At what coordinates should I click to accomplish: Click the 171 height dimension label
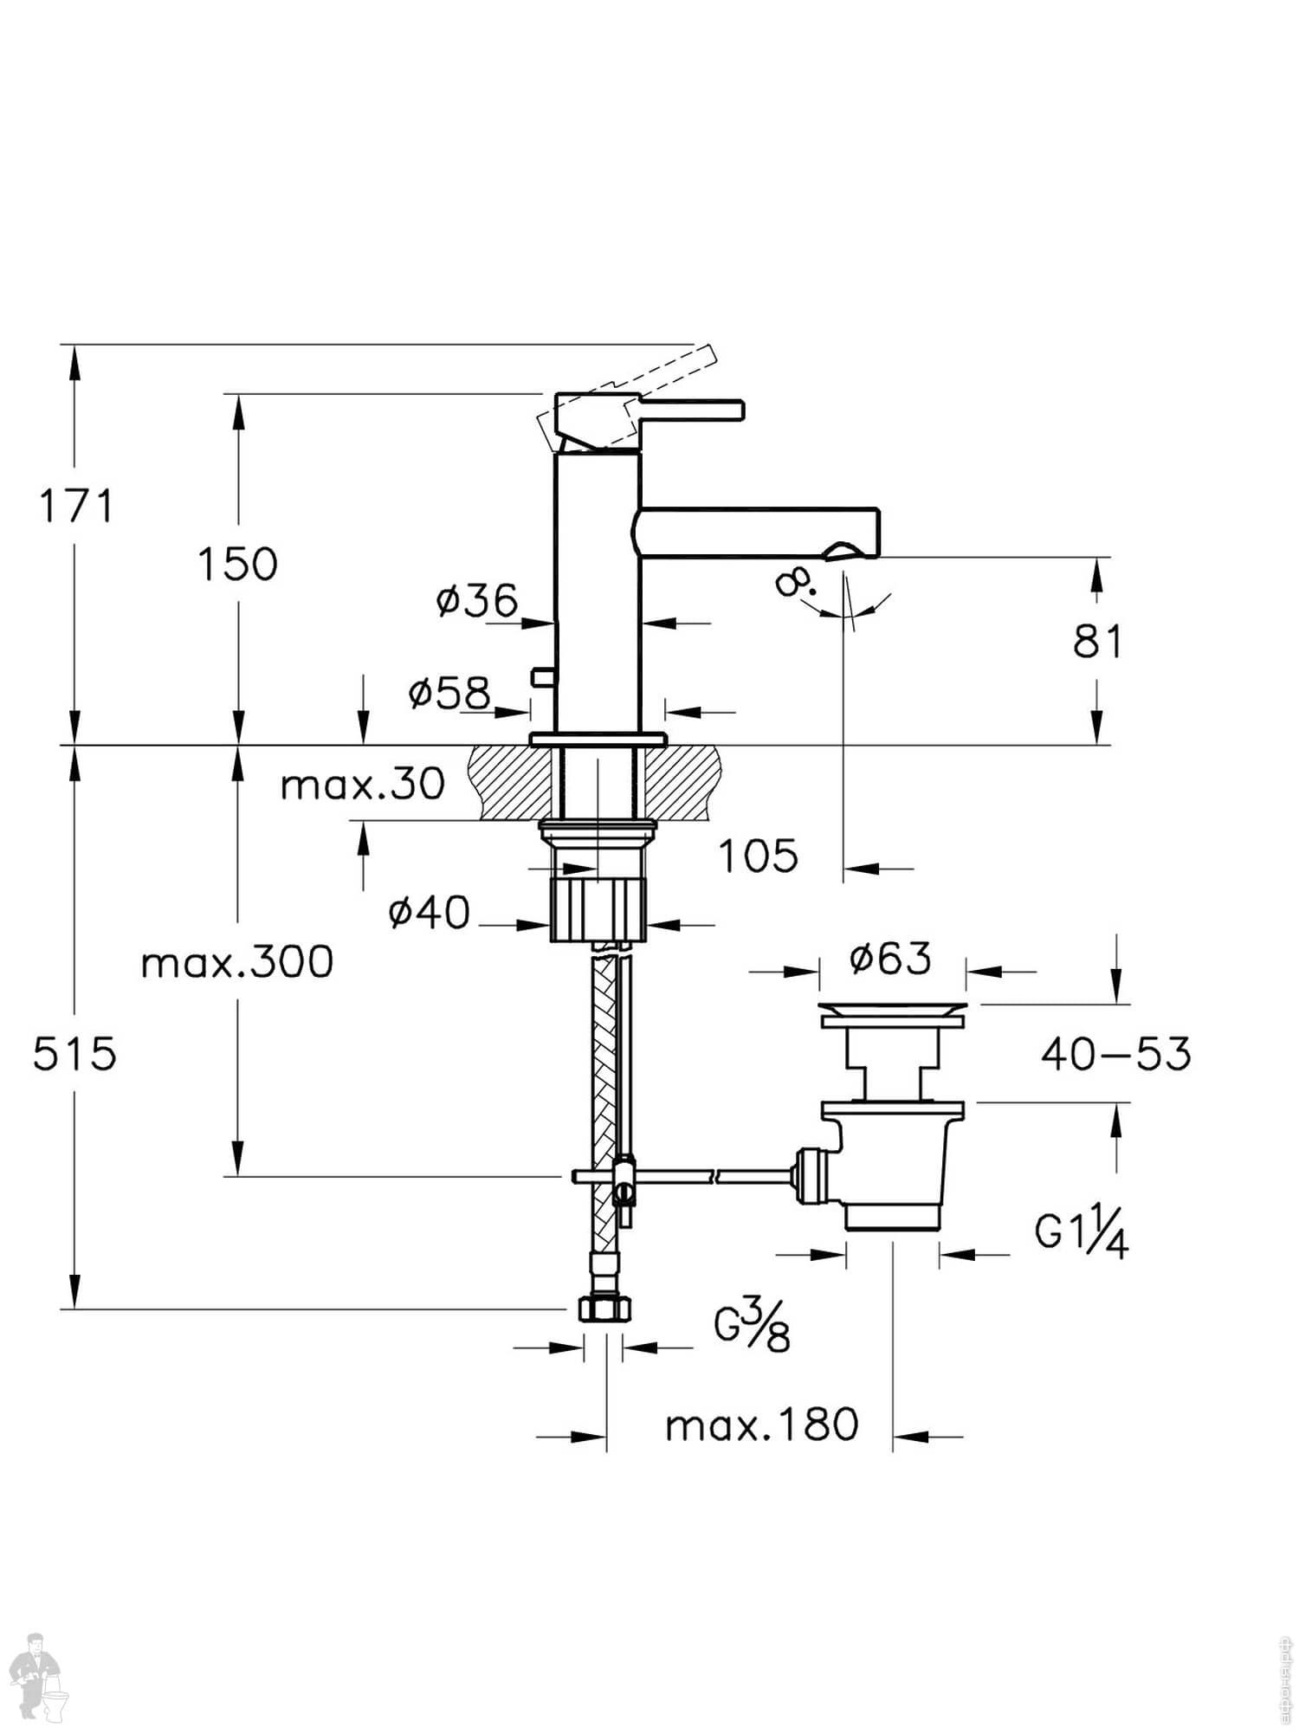76,506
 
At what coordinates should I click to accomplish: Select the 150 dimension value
237,564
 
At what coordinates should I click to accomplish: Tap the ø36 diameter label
477,600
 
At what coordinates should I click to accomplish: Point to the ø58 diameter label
449,692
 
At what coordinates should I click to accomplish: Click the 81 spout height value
1097,642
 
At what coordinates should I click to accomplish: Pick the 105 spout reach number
759,856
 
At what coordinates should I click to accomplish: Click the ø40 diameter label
430,913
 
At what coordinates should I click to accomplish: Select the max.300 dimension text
237,962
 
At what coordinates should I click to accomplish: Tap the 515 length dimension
74,1055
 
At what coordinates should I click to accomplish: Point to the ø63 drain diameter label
890,958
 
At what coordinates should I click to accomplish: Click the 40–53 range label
1115,1054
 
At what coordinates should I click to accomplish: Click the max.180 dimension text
761,1425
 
